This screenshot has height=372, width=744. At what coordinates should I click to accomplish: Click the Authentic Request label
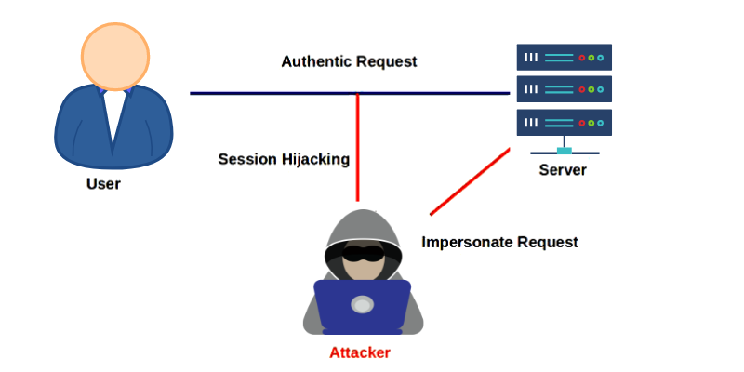[x=349, y=61]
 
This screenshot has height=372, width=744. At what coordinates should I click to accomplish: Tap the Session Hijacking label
[x=284, y=159]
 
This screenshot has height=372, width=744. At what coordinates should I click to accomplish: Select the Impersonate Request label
[x=499, y=242]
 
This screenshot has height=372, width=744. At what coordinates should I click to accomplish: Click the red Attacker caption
[x=360, y=352]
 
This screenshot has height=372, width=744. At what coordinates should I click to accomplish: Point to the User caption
[x=103, y=184]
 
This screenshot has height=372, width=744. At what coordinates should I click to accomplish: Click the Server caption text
[x=563, y=171]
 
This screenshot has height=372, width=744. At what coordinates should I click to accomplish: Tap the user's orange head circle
[x=113, y=55]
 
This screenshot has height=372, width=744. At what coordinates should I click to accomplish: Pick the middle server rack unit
[x=564, y=89]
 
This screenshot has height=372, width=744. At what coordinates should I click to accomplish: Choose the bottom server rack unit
[x=564, y=122]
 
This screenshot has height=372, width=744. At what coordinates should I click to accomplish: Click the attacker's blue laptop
[x=362, y=306]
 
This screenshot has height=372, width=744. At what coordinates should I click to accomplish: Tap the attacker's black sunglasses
[x=362, y=252]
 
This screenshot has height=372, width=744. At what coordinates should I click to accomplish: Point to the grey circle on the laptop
[x=362, y=304]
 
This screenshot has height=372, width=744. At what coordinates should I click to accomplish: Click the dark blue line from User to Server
[x=270, y=93]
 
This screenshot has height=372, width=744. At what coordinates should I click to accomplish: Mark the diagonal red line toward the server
[x=470, y=180]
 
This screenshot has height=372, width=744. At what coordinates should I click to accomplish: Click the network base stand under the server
[x=564, y=151]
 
